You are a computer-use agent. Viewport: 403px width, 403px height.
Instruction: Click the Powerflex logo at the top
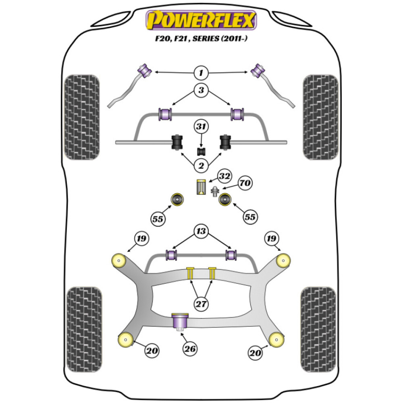click(x=201, y=20)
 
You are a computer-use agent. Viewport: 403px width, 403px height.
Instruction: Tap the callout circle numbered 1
click(x=201, y=73)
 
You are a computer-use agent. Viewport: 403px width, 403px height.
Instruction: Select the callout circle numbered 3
click(x=201, y=91)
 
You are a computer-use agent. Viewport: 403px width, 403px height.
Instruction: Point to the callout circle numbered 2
click(x=201, y=164)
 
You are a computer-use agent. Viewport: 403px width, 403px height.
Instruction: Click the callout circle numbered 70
click(x=244, y=183)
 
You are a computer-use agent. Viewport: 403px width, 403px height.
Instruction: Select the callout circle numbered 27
click(x=201, y=303)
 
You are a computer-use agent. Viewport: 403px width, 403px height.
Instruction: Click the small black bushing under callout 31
click(x=201, y=152)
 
